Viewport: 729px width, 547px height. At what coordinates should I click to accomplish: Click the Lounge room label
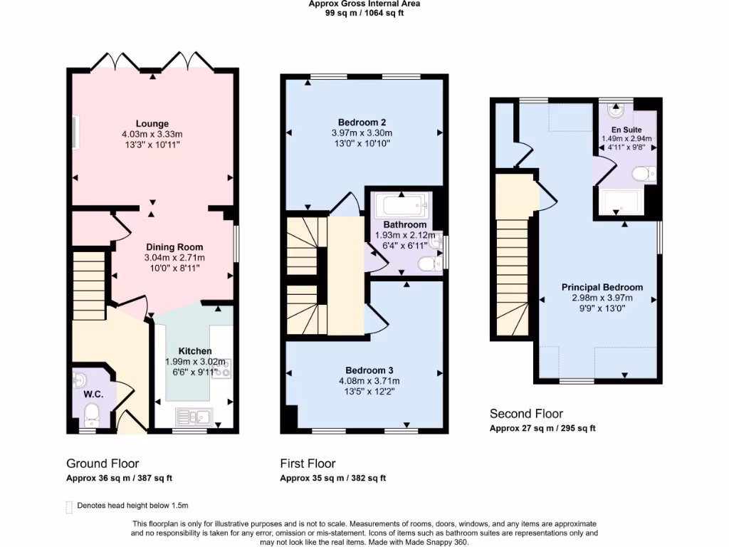[x=152, y=124]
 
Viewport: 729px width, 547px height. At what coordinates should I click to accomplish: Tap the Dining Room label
[x=174, y=247]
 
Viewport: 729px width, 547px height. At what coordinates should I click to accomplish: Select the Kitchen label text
[x=194, y=351]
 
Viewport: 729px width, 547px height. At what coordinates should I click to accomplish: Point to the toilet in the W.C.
[x=91, y=413]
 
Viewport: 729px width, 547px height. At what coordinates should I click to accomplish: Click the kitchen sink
[x=194, y=415]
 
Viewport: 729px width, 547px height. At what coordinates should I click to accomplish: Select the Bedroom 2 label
[x=362, y=122]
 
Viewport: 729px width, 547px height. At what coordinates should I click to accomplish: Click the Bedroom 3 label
[x=369, y=370]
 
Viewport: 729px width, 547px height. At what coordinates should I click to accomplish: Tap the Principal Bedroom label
[x=602, y=288]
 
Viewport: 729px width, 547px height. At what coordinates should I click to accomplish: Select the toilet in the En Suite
[x=644, y=174]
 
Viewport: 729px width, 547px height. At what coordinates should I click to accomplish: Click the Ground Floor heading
[x=103, y=464]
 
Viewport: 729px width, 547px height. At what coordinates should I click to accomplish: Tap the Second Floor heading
[x=526, y=414]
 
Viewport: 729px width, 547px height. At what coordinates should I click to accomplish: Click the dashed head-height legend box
[x=69, y=506]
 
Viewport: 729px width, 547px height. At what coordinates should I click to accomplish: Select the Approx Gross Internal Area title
[x=364, y=4]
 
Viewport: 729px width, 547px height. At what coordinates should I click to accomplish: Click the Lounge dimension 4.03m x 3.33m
[x=152, y=134]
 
